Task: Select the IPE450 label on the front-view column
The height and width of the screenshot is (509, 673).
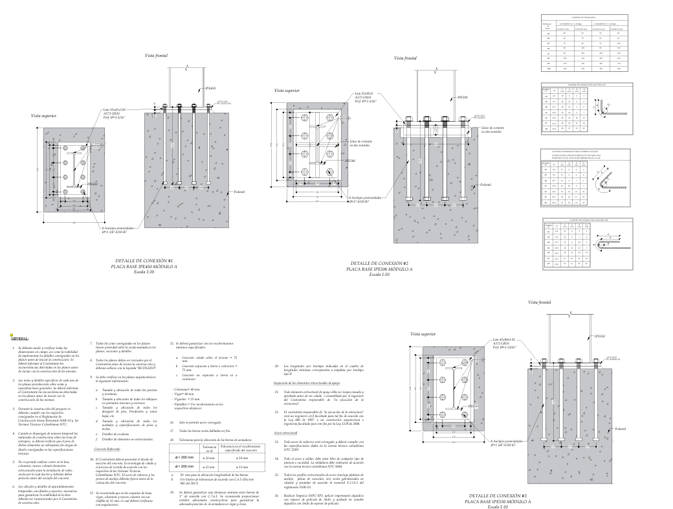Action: tap(210, 87)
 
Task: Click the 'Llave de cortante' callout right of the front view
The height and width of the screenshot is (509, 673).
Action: tap(491, 130)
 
